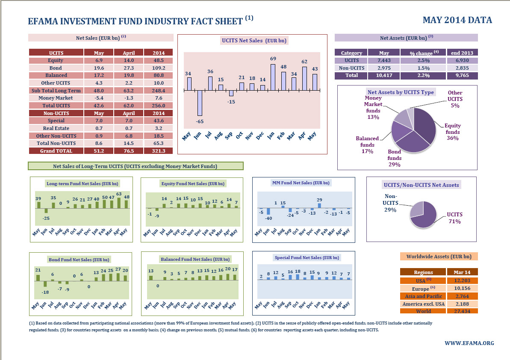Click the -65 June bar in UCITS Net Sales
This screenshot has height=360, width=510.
[200, 103]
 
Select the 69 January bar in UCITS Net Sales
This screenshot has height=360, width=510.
[273, 77]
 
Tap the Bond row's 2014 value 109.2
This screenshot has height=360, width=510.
[158, 68]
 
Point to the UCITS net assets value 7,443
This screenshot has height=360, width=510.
[384, 60]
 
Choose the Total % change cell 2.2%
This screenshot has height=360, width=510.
[422, 75]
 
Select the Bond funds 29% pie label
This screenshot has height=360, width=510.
[395, 158]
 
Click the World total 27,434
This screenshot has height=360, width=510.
[462, 311]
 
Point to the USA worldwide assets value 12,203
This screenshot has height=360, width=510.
[462, 280]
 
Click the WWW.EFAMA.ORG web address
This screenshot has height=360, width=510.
[469, 343]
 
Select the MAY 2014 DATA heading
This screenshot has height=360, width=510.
[457, 20]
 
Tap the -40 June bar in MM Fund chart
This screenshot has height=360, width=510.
[268, 211]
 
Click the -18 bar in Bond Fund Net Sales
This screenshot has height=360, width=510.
[45, 284]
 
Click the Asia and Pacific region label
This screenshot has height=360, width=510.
[423, 296]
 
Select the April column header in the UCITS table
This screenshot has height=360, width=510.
[129, 53]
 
